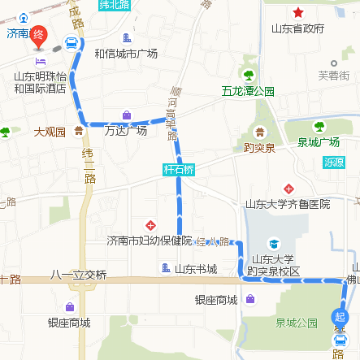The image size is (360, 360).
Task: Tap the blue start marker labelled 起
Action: pyautogui.click(x=340, y=317)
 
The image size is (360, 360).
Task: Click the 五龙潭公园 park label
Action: pyautogui.click(x=248, y=91)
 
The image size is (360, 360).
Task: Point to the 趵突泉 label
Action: pyautogui.click(x=259, y=148)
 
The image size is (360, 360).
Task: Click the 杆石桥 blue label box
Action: pyautogui.click(x=178, y=170)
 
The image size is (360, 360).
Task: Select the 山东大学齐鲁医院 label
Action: pyautogui.click(x=288, y=204)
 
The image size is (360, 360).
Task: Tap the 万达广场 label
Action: pyautogui.click(x=126, y=130)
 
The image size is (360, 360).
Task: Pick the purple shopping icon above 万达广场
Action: pyautogui.click(x=126, y=115)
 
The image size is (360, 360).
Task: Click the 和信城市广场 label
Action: pyautogui.click(x=126, y=54)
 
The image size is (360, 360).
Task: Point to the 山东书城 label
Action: pyautogui.click(x=196, y=268)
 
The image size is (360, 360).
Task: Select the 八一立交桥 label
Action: pyautogui.click(x=78, y=275)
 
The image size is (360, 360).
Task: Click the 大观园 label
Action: pyautogui.click(x=50, y=131)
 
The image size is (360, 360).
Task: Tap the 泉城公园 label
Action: pyautogui.click(x=296, y=323)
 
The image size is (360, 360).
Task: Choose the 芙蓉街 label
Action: pyautogui.click(x=333, y=76)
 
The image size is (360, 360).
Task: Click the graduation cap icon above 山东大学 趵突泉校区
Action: pyautogui.click(x=274, y=243)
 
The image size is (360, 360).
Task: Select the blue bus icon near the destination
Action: pyautogui.click(x=72, y=43)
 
